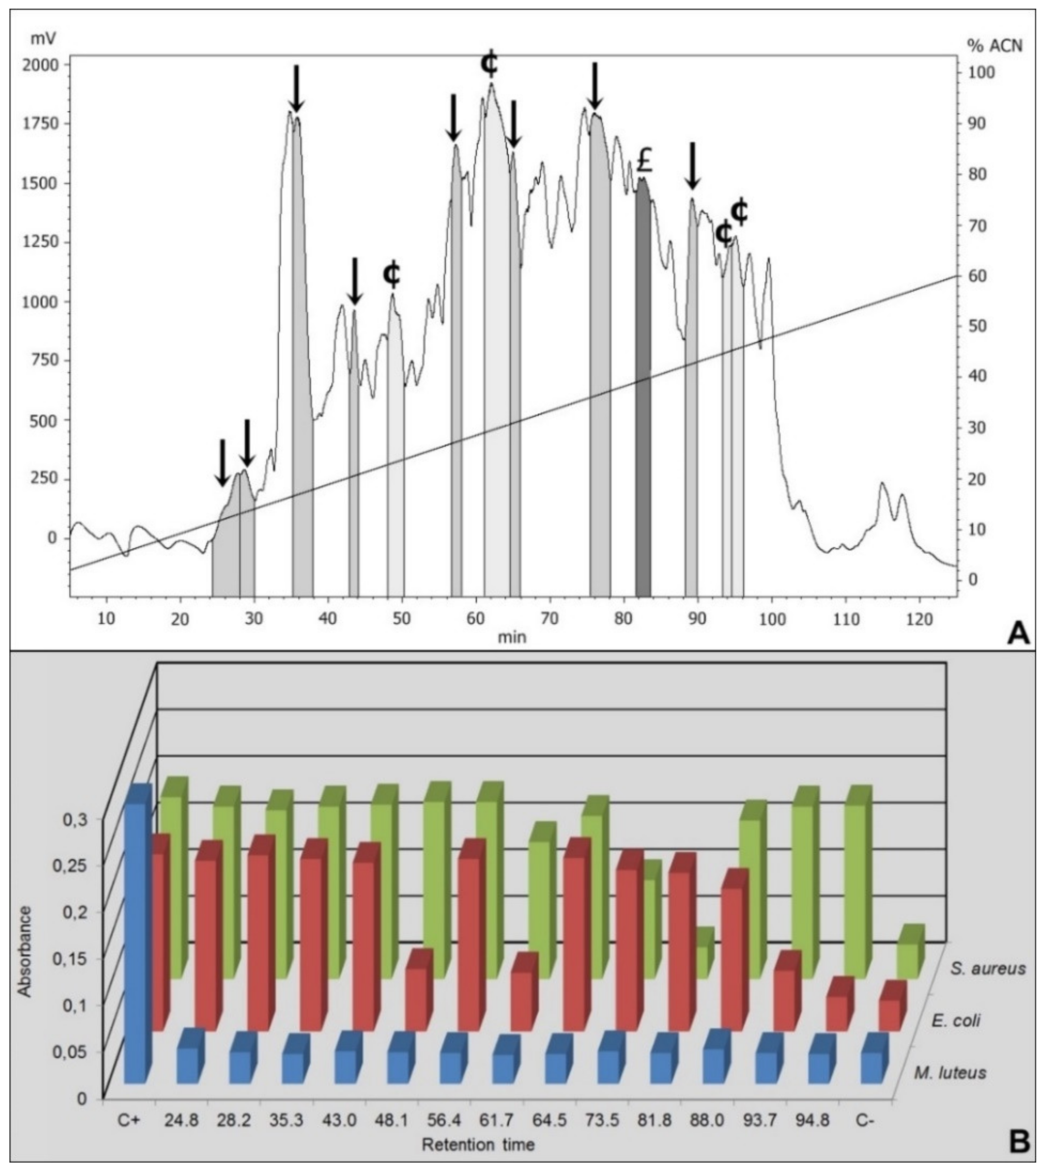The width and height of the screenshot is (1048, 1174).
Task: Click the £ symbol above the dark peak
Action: click(x=645, y=161)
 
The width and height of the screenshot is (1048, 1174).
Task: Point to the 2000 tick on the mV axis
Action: click(x=40, y=65)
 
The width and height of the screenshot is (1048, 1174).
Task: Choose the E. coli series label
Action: click(x=956, y=1021)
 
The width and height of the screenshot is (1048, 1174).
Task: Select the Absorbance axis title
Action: click(x=24, y=951)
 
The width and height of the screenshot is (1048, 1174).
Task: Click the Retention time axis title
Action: click(x=478, y=1144)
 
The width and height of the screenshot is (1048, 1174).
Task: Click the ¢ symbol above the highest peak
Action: click(x=489, y=63)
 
